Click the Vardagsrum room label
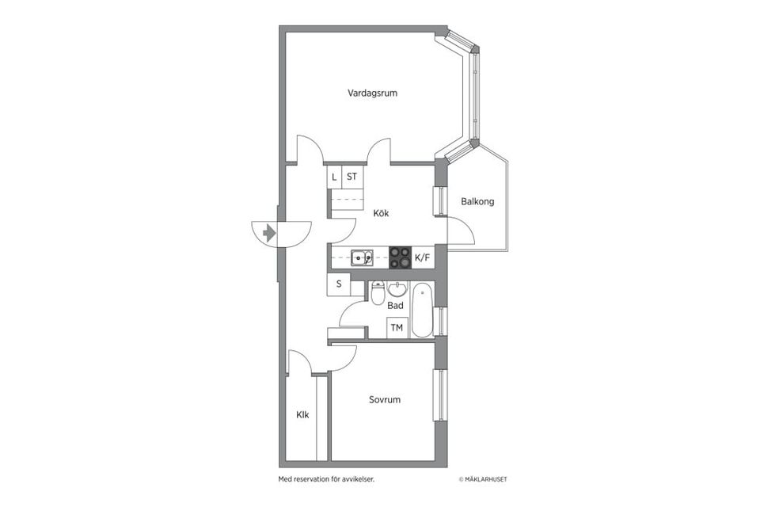372,93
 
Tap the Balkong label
477,201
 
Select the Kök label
380,213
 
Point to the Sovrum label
385,400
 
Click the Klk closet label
302,415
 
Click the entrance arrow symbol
269,233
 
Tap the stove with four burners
401,257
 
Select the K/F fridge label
423,257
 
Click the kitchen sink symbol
363,257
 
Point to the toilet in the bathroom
378,294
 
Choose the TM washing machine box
397,328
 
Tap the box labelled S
339,284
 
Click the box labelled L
334,177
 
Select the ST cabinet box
352,177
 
